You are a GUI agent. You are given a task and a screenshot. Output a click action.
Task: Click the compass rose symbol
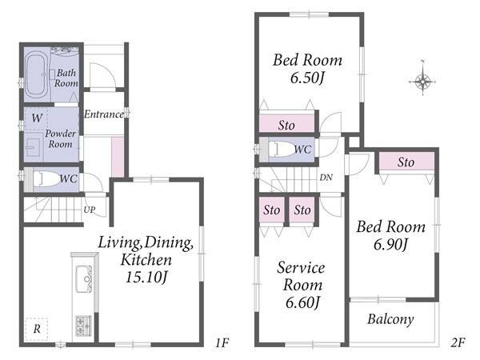[422, 82]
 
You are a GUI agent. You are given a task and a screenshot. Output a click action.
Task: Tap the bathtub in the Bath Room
[36, 74]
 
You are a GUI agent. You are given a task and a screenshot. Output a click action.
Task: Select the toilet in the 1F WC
[46, 178]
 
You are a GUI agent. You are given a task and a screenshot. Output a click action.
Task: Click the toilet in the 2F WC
[282, 149]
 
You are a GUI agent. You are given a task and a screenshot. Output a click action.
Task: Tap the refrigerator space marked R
[37, 329]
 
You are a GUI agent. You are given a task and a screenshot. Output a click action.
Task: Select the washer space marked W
[37, 118]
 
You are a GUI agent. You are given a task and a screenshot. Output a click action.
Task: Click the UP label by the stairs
[90, 210]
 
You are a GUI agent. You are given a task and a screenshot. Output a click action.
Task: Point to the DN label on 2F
[326, 178]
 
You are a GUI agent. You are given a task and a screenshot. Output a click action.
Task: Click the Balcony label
[390, 319]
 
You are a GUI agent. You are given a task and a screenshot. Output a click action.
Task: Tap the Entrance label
[104, 114]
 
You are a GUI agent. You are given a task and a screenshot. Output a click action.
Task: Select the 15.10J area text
[146, 278]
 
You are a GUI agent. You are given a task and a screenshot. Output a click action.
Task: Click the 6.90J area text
[391, 244]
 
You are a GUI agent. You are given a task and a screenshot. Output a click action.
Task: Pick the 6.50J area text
[307, 78]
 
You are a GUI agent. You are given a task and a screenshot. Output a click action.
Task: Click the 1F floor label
[222, 342]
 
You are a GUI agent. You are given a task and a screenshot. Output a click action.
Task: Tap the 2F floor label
[458, 342]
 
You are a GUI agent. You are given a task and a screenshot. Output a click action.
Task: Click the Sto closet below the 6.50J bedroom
[287, 124]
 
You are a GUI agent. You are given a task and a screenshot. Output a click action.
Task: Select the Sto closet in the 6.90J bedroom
[406, 161]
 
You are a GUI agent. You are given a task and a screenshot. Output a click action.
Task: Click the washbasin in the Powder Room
[32, 147]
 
